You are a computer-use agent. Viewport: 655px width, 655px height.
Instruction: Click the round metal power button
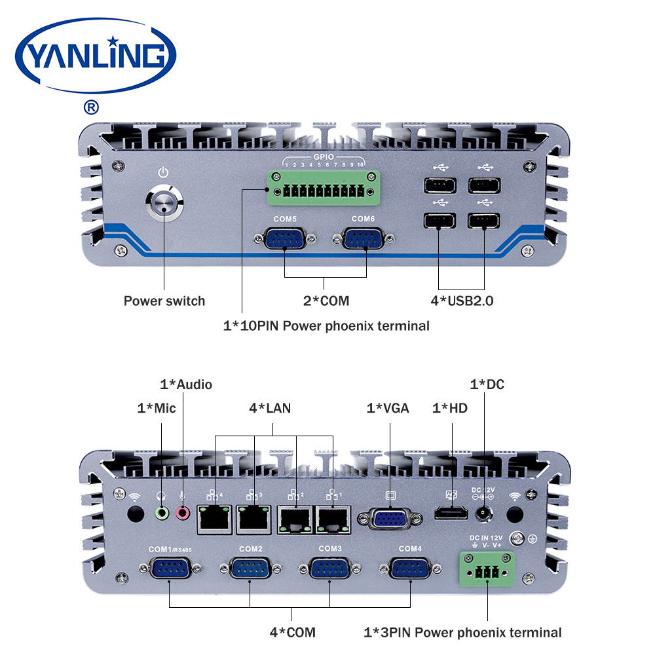point(164,204)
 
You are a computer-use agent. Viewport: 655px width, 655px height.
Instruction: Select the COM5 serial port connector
point(284,240)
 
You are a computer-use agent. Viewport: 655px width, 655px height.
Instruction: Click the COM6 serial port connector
point(364,240)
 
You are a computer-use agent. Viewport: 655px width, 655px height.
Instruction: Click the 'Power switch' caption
point(164,301)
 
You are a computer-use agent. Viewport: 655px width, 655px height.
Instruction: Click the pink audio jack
point(183,514)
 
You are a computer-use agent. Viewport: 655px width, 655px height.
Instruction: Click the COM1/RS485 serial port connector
point(170,569)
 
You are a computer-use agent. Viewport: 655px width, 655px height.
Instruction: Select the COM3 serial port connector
point(330,569)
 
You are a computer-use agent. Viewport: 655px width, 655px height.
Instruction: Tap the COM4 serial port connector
point(409,569)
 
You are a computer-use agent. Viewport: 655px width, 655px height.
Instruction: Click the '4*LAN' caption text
point(270,408)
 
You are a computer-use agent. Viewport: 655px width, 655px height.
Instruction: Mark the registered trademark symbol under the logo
point(92,106)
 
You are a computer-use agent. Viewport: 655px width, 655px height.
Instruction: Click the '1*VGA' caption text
point(388,408)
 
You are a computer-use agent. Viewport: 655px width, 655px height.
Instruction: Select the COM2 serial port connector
point(250,569)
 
